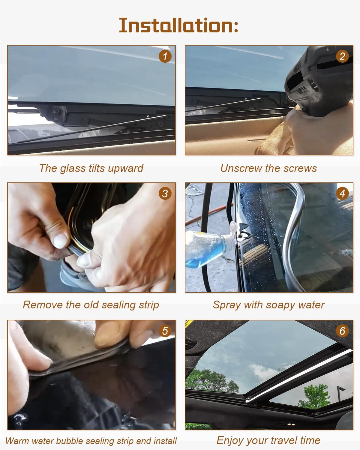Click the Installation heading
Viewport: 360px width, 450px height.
178,25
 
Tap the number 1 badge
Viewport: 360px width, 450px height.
165,56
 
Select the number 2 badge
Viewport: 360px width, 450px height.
342,56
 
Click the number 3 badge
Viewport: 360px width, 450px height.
165,193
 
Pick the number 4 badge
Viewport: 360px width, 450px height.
342,193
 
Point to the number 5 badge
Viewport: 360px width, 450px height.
165,331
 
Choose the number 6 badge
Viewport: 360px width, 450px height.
342,331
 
